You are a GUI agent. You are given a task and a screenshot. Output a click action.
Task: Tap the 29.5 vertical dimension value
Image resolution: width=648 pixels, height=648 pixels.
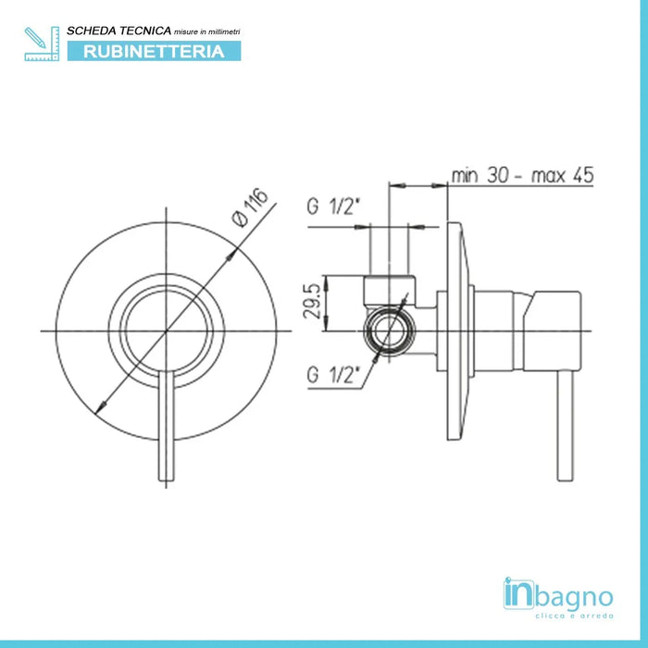(312, 301)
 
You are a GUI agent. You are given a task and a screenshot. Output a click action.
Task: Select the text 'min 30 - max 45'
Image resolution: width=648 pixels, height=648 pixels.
(522, 175)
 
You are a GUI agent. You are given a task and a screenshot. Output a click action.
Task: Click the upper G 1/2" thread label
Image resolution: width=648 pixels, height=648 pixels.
(331, 206)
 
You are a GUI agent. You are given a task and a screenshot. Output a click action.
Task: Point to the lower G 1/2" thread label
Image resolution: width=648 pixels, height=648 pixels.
(331, 375)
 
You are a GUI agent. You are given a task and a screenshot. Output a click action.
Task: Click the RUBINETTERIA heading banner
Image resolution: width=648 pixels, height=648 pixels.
(155, 51)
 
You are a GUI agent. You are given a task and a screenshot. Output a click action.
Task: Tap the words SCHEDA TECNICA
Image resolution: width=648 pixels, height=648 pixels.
(119, 31)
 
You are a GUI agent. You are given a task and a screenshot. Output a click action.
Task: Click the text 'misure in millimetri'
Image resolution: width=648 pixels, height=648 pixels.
(207, 31)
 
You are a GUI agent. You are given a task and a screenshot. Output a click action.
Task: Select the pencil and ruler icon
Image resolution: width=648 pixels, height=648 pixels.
(42, 44)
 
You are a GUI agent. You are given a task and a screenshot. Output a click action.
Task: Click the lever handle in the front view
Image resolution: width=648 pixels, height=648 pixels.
(167, 426)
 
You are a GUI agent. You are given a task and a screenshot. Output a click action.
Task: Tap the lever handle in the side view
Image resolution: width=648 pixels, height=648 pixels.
(566, 426)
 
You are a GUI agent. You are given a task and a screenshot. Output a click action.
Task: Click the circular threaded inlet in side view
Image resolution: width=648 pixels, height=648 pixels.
(389, 331)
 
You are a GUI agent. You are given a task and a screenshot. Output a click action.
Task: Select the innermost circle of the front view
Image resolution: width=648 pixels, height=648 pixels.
(167, 331)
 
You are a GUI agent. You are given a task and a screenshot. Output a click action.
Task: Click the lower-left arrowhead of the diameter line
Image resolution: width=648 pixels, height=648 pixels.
(100, 407)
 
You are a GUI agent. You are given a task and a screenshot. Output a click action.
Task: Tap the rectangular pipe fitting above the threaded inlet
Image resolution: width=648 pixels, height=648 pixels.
(390, 291)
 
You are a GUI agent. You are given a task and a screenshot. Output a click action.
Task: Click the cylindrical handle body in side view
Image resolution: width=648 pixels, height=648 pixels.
(528, 331)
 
